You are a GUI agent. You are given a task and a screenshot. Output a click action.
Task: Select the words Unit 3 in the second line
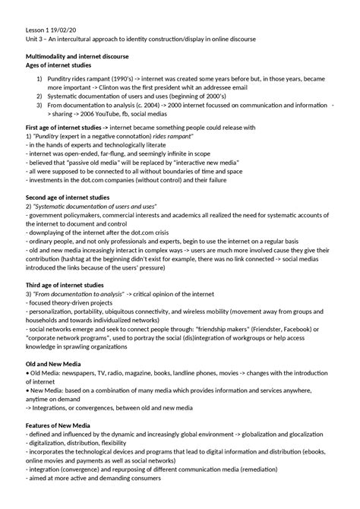[x=36, y=40]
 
